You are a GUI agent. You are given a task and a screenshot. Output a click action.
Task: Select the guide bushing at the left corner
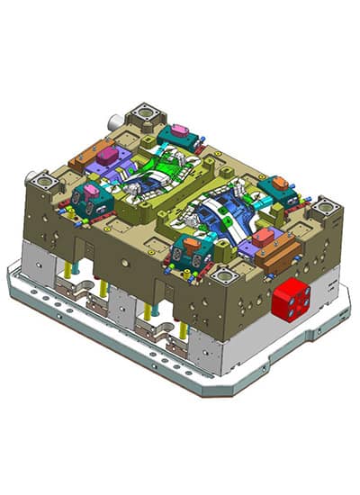[40, 184]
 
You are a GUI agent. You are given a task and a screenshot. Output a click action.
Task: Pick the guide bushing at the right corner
[325, 211]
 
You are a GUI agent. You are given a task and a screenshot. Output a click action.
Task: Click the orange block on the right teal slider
[280, 182]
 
